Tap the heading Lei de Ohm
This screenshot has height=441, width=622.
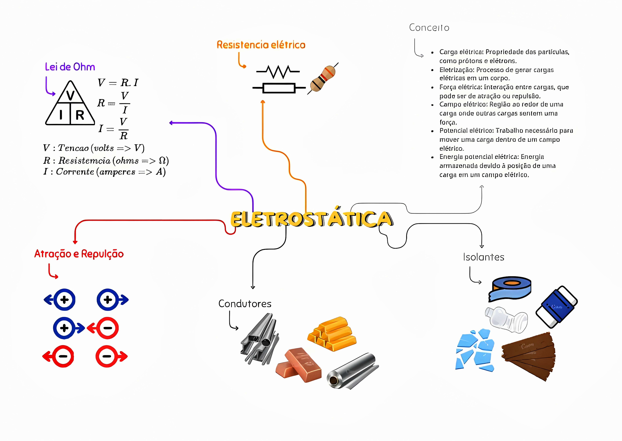click(x=70, y=67)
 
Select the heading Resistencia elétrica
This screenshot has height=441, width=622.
click(x=261, y=45)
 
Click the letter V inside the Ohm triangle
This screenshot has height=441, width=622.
click(x=70, y=95)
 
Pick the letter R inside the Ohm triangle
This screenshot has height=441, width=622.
click(x=80, y=115)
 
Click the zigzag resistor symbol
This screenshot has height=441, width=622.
click(x=278, y=72)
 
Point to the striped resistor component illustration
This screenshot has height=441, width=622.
click(x=323, y=79)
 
